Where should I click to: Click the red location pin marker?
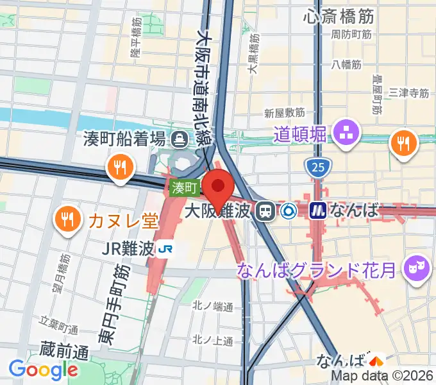click(219, 186)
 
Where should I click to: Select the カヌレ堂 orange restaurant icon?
click(67, 220)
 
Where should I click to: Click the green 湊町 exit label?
click(185, 188)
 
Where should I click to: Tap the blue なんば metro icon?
click(318, 210)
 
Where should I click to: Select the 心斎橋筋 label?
click(340, 15)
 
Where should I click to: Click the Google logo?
click(44, 369)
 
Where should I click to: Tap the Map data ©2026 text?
click(383, 376)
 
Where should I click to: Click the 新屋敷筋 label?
click(284, 113)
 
